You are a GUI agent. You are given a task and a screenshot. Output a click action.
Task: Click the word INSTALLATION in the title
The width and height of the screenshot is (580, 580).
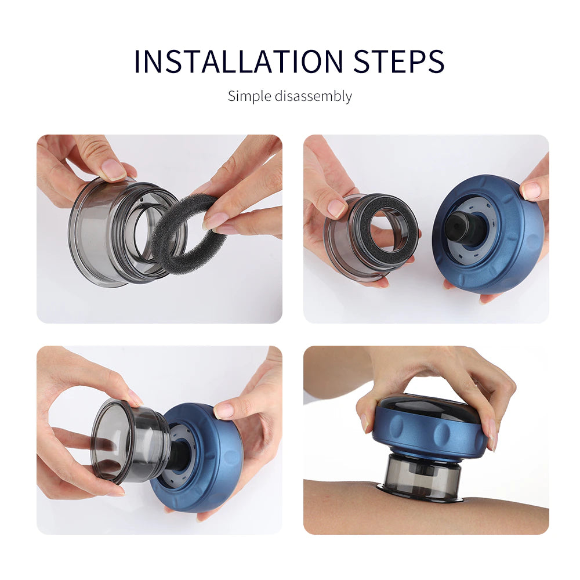[x=238, y=61]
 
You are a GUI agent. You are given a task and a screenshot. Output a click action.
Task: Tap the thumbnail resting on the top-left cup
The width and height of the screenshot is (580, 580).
[x=113, y=169]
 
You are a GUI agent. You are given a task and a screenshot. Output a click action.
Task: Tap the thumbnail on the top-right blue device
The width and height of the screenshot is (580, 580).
[x=531, y=190]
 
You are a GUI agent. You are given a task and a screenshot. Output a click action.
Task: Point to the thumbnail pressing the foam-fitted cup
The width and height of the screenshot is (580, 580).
[x=336, y=208]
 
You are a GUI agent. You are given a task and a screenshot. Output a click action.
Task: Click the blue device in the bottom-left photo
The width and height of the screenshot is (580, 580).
[x=215, y=464]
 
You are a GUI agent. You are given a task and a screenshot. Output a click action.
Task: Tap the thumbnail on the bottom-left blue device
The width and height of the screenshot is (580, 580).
[x=225, y=411]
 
